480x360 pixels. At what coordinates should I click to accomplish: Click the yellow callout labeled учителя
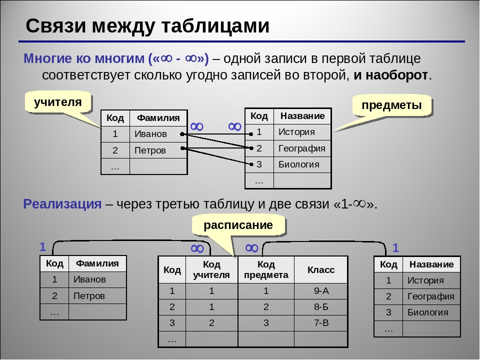click(x=57, y=102)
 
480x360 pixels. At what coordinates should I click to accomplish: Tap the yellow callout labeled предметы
click(x=392, y=105)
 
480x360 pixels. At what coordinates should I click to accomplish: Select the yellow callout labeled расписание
click(x=238, y=225)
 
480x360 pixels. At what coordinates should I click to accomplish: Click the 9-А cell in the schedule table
click(x=321, y=291)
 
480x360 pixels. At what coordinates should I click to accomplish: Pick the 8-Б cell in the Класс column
click(x=321, y=306)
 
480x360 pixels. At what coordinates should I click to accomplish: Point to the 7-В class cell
click(x=321, y=323)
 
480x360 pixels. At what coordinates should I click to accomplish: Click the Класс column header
click(x=321, y=269)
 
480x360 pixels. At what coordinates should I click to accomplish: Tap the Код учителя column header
click(x=211, y=269)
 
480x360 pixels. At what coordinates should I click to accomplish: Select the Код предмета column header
click(x=266, y=269)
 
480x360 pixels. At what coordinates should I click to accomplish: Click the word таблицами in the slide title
click(x=215, y=25)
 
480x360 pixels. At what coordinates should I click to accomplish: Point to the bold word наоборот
click(x=390, y=75)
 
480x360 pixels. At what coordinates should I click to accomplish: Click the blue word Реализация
click(x=62, y=204)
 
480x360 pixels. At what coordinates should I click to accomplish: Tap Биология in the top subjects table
click(x=299, y=164)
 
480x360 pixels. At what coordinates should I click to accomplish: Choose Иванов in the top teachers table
click(x=150, y=134)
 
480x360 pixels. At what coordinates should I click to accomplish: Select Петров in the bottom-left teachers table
click(x=89, y=296)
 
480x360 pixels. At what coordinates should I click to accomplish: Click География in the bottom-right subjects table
click(x=430, y=296)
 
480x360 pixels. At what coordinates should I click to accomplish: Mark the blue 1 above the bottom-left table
click(x=43, y=246)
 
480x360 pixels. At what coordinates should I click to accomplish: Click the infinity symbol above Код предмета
click(x=251, y=248)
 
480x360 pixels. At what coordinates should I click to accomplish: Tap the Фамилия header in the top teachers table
click(x=158, y=118)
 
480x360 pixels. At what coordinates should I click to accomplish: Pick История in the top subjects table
click(x=296, y=132)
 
